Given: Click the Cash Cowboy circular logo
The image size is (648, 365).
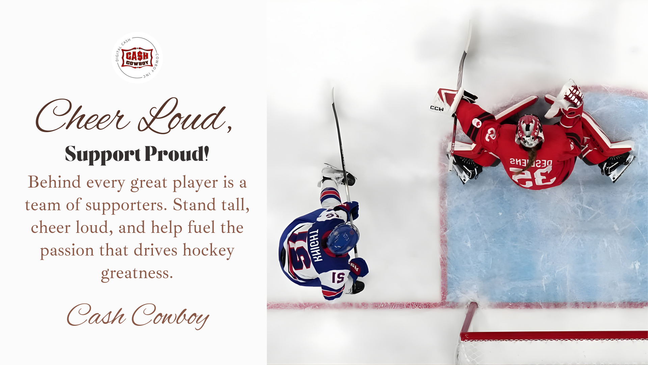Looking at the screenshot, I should click(137, 58).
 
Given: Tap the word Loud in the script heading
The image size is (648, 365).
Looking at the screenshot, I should click(182, 117).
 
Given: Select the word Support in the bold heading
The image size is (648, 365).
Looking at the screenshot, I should click(103, 154).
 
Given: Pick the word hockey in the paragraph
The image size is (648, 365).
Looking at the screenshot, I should click(208, 250).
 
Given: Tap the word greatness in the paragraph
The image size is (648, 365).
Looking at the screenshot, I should click(137, 273).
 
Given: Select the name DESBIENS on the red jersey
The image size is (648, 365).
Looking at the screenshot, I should click(531, 163).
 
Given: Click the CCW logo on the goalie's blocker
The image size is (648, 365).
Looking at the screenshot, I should click(437, 108).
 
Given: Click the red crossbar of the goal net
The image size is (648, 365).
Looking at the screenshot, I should click(553, 336).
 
